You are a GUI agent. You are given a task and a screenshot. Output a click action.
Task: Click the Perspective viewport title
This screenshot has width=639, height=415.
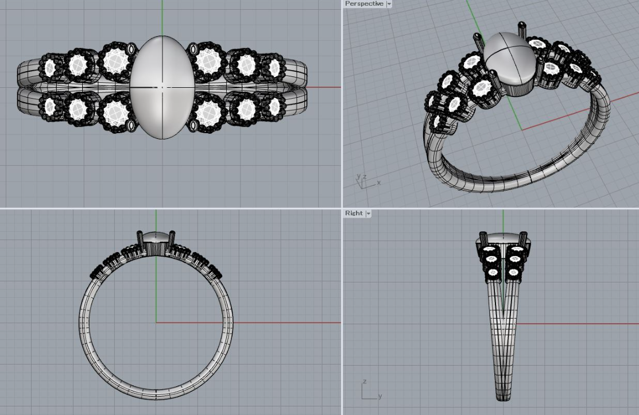(364, 3)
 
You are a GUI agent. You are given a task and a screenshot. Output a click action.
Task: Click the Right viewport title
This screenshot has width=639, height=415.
(354, 213)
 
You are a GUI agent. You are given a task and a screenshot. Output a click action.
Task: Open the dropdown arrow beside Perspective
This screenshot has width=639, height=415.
(389, 4)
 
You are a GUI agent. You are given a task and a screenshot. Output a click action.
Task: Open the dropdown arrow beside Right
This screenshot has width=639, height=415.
(369, 214)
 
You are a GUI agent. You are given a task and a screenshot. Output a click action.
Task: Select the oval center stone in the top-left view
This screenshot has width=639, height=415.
(162, 87)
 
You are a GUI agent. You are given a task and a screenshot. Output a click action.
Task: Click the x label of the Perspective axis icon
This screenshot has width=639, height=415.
(378, 183)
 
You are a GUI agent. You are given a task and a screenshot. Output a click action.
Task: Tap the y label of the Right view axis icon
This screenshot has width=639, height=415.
(380, 396)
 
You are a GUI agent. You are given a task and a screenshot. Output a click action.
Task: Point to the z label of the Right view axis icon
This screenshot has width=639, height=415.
(365, 382)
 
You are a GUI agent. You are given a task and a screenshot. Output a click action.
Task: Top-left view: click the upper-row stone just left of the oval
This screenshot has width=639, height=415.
(116, 61)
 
